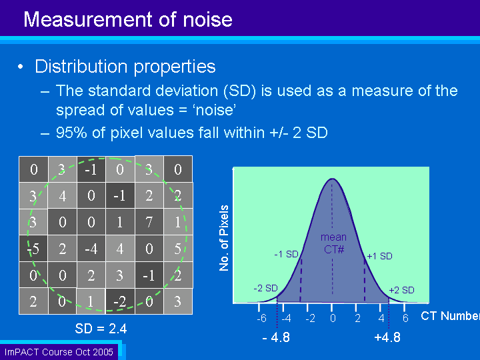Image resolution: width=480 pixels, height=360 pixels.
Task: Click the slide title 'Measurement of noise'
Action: [128, 19]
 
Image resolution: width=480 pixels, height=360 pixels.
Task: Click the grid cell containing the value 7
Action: [149, 222]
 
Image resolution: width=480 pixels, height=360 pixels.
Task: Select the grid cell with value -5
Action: [33, 249]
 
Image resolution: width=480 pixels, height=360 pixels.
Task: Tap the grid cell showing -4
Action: [91, 249]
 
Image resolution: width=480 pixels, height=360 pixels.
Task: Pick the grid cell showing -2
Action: [120, 301]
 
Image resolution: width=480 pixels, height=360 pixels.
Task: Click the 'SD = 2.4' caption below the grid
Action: [101, 329]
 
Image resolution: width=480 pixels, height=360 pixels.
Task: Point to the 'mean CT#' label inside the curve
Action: [334, 243]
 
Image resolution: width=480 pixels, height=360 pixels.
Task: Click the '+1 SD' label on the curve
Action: [379, 256]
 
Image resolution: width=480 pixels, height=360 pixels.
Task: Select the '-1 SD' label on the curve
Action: [286, 254]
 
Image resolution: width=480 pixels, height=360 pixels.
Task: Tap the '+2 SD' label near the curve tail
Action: [401, 290]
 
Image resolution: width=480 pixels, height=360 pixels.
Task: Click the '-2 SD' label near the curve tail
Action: [265, 288]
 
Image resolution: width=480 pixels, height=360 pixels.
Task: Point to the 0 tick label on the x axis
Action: [333, 319]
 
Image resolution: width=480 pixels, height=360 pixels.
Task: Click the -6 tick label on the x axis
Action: [261, 319]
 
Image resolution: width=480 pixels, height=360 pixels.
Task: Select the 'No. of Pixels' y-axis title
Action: [224, 238]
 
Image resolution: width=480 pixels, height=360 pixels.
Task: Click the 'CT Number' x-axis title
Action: [450, 316]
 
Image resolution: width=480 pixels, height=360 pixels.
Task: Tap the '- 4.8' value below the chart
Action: [276, 337]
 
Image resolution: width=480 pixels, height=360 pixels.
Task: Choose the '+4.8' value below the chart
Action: [387, 337]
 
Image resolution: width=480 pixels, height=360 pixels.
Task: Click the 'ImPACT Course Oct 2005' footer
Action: [59, 352]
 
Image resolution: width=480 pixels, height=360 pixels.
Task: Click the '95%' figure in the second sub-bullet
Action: [71, 133]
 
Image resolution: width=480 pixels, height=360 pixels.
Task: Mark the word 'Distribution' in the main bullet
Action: [81, 67]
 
